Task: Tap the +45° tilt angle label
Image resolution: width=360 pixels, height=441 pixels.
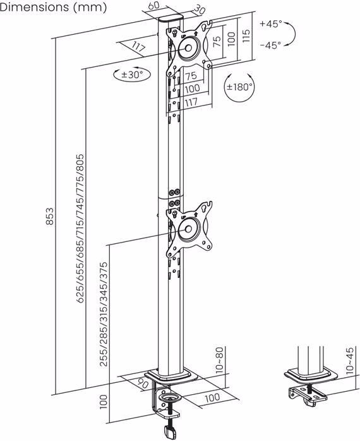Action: click(270, 24)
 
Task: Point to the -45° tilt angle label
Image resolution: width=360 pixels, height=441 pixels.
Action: click(270, 45)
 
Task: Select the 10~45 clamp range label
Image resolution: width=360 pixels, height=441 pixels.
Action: click(351, 360)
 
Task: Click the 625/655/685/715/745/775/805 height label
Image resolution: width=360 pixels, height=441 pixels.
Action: click(80, 228)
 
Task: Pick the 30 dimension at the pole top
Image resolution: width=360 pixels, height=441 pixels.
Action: click(200, 11)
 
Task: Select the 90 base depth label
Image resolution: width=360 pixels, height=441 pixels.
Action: click(142, 382)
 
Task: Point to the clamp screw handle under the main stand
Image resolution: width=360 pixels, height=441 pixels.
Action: click(169, 433)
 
